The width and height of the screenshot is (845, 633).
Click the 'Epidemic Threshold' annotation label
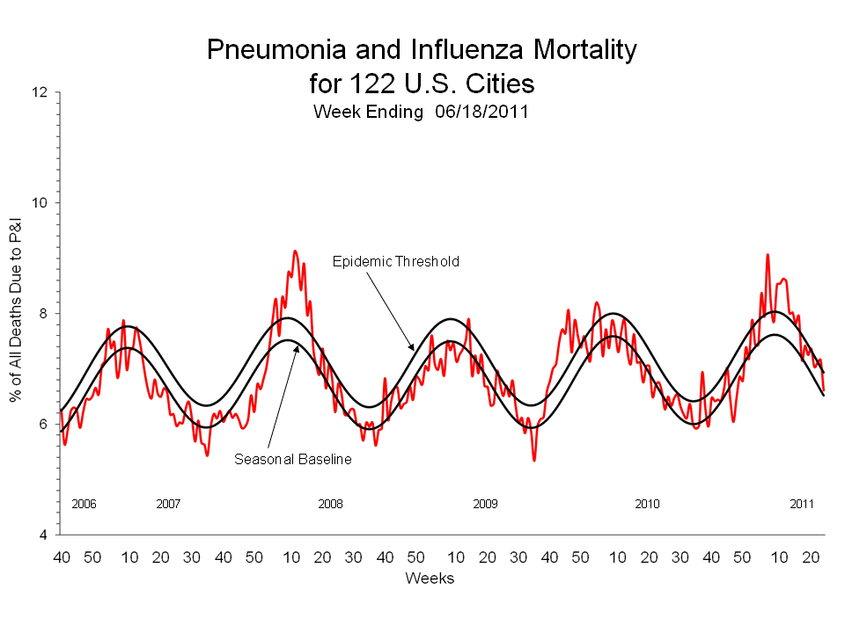coord(395,261)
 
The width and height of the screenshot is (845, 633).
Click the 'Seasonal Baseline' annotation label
coord(292,459)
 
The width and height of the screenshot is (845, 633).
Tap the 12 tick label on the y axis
coord(41,92)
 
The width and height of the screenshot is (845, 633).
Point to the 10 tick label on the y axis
coord(41,203)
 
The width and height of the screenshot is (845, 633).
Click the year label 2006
coord(84,504)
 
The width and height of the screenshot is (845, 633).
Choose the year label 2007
coord(168,504)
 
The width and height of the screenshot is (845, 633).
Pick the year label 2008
coord(330,504)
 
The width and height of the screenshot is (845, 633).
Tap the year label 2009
coord(485,504)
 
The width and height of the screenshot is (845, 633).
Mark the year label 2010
coord(647,504)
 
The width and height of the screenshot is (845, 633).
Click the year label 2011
coord(802,504)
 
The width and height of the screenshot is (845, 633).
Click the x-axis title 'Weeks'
coord(430,578)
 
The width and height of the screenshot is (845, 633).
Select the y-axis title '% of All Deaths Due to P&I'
coord(17,314)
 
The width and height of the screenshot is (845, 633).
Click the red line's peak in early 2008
coord(295,251)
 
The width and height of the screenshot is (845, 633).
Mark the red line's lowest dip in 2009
coord(534,460)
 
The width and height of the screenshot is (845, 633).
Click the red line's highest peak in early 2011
coord(768,255)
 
